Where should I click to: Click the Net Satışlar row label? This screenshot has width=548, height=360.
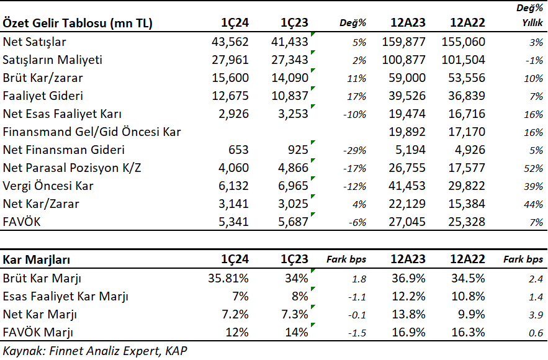[34, 42]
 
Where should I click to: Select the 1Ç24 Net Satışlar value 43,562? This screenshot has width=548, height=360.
[230, 42]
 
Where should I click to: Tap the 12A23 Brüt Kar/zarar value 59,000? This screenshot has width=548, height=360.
[407, 78]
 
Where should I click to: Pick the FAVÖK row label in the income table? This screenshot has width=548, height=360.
[22, 222]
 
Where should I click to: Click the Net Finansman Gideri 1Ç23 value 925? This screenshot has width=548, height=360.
[298, 150]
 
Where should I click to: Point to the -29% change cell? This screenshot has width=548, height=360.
[354, 151]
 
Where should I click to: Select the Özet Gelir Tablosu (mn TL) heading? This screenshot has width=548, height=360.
[78, 23]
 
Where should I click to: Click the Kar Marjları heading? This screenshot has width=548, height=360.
[37, 259]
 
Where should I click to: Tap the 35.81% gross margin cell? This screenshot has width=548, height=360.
[228, 278]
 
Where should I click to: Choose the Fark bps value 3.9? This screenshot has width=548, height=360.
[536, 315]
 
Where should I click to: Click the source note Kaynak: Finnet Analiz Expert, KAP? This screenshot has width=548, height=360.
[95, 351]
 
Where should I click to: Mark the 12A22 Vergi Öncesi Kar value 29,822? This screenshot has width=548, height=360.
[467, 186]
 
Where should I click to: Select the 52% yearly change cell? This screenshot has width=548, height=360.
[533, 169]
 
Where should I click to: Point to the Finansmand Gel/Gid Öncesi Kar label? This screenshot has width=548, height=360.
[92, 132]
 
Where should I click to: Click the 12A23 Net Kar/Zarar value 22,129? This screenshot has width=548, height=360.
[407, 204]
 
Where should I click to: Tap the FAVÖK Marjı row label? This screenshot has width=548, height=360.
[38, 332]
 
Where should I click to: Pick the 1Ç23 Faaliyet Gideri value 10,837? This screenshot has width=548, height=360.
[290, 96]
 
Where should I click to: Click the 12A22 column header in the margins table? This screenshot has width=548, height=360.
[467, 259]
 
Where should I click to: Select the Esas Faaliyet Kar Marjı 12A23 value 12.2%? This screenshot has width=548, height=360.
[408, 297]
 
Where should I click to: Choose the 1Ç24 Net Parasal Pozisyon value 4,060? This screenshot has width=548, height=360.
[233, 168]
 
